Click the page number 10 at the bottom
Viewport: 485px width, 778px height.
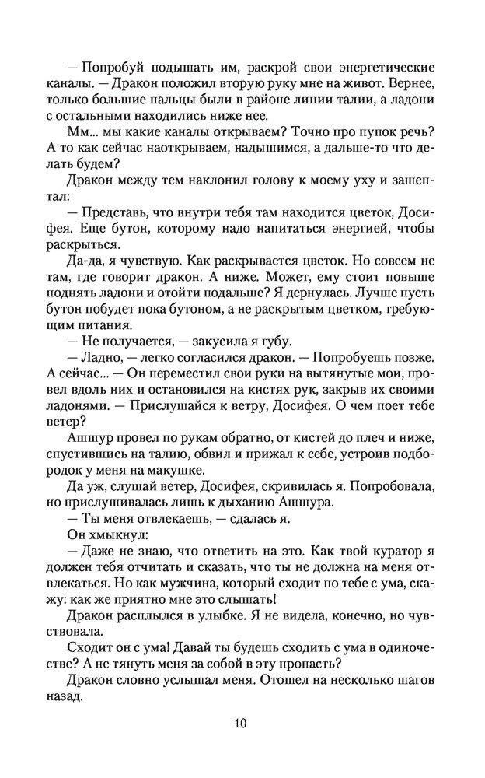(x=242, y=724)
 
